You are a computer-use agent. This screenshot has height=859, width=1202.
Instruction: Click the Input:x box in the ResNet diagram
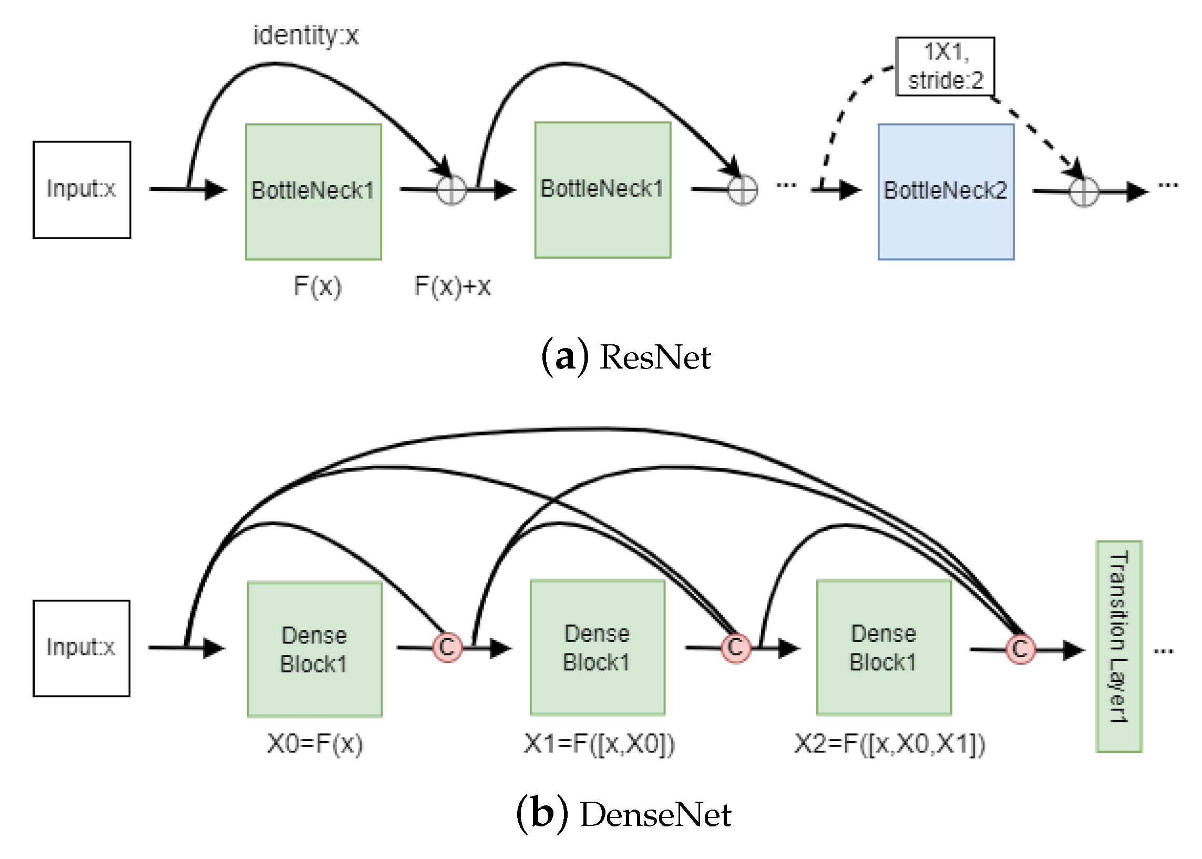[81, 189]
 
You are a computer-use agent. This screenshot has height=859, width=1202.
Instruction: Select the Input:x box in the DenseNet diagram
[81, 648]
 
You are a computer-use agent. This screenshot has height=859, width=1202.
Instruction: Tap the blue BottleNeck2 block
[945, 191]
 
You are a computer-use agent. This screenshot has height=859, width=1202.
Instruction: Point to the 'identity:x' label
[306, 36]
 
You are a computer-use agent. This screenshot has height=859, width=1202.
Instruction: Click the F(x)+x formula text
[452, 286]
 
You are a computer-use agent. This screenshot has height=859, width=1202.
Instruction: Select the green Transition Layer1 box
[1118, 646]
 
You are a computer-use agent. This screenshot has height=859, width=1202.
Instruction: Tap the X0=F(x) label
[315, 743]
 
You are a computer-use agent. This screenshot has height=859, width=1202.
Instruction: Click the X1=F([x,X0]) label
[599, 743]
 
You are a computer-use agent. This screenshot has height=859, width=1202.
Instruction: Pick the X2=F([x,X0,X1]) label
[889, 743]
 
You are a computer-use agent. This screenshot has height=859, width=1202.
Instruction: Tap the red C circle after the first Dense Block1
[447, 647]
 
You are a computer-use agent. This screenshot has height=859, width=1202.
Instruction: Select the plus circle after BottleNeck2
[1083, 191]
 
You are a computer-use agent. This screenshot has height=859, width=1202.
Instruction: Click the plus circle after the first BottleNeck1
[451, 190]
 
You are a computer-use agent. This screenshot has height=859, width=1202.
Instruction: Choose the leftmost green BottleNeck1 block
[313, 191]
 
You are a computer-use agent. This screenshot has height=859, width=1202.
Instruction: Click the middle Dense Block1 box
[597, 648]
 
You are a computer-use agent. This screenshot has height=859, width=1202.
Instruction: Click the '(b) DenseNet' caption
[623, 813]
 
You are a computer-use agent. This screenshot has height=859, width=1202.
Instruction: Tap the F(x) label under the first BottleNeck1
[317, 286]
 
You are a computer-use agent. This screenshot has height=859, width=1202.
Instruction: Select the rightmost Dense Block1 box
[883, 648]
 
